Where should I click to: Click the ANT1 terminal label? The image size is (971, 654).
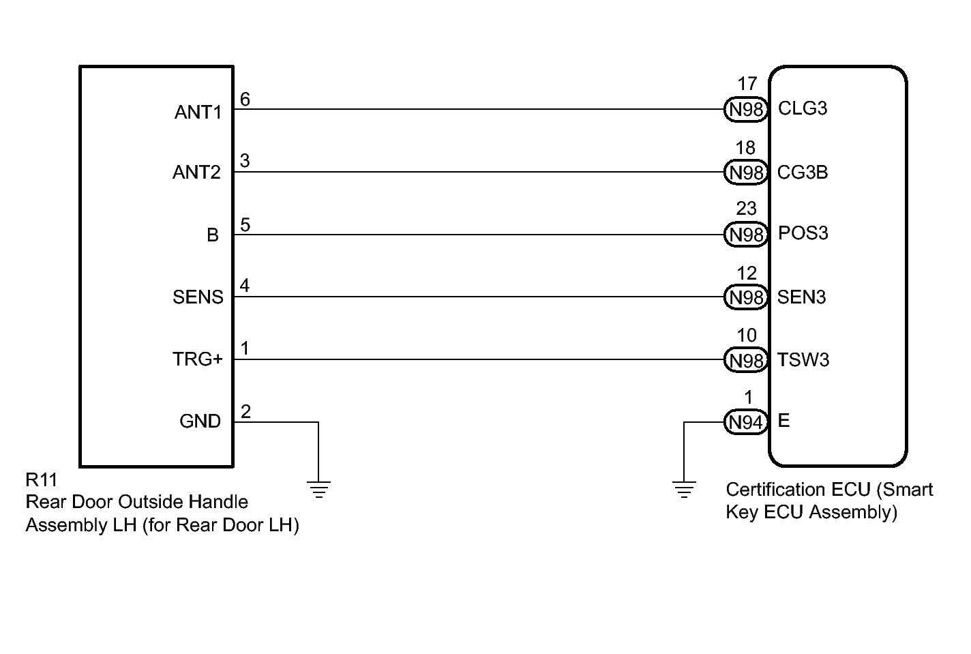[x=198, y=113]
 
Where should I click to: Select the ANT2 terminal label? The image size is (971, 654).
[x=196, y=173]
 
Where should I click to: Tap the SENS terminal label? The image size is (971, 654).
[x=198, y=297]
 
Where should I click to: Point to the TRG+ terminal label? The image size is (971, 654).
[x=198, y=359]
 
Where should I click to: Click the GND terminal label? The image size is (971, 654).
[x=200, y=421]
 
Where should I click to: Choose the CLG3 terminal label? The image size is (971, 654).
[x=803, y=108]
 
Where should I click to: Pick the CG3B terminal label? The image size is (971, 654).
[x=803, y=173]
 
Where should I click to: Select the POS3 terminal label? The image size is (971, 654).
[x=803, y=233]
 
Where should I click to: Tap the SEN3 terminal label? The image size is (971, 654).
[x=801, y=297]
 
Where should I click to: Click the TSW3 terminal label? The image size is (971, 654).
[x=803, y=359]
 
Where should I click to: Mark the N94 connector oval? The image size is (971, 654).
[x=745, y=422]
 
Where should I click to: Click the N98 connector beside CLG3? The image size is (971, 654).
[x=745, y=109]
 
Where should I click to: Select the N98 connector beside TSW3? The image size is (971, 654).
[x=745, y=360]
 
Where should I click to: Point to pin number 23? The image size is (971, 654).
[x=746, y=209]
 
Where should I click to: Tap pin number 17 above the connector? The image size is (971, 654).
[x=747, y=84]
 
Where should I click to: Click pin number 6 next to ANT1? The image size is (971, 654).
[x=245, y=100]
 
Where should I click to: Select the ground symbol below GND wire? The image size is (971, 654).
[x=318, y=490]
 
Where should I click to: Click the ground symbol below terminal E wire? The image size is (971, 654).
[x=684, y=490]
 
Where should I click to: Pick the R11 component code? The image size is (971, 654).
[x=41, y=480]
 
